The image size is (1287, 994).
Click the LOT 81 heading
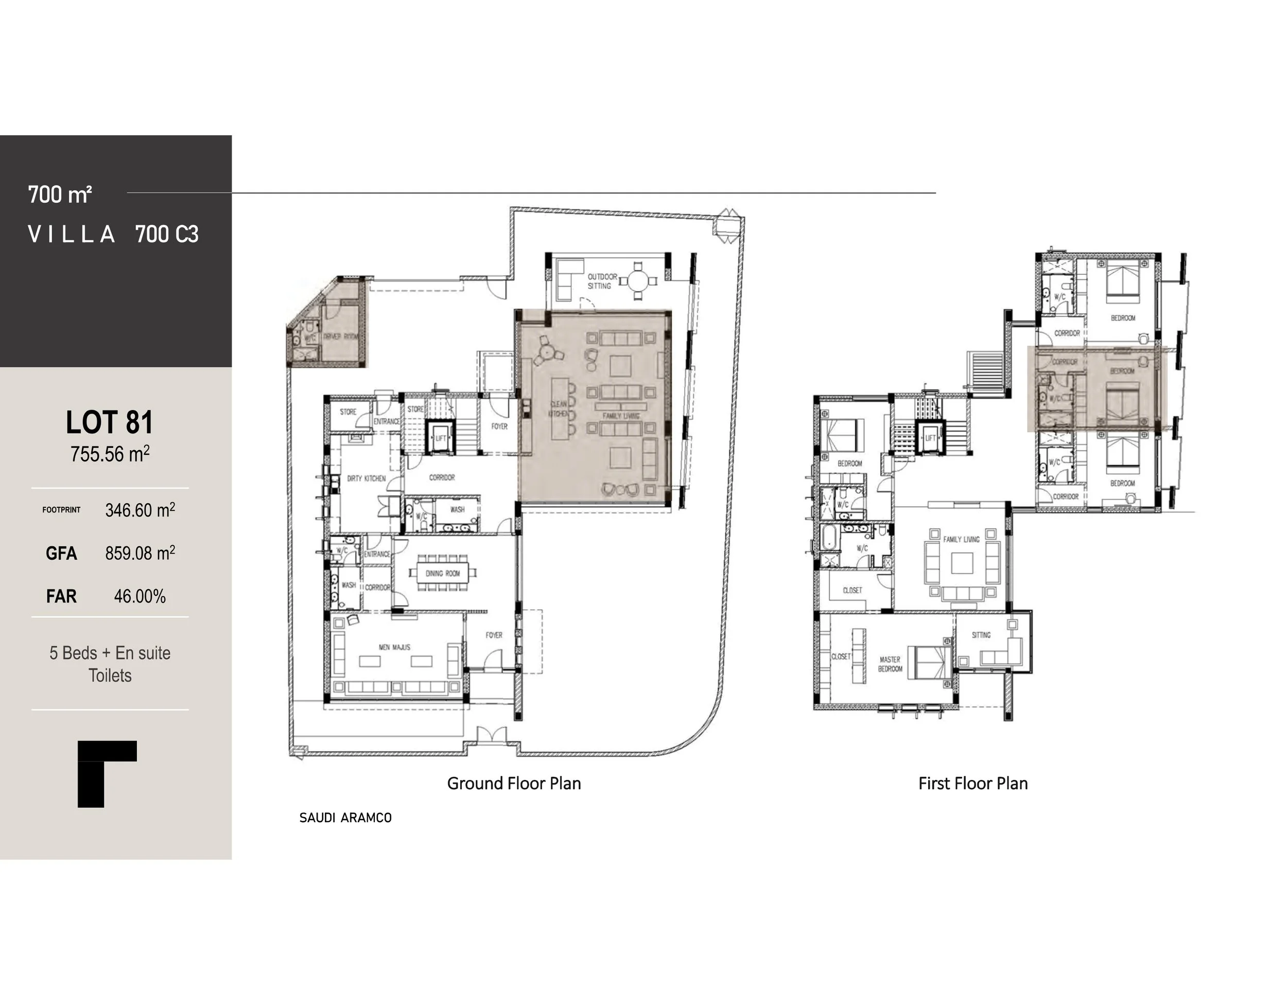(x=110, y=422)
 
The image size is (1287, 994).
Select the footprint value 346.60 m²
(x=140, y=510)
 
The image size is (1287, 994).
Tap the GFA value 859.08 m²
(x=140, y=553)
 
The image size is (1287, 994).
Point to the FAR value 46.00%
(x=140, y=596)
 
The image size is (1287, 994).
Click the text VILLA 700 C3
(x=113, y=235)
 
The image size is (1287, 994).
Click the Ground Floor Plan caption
(x=514, y=783)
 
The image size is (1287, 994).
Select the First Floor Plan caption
(x=973, y=783)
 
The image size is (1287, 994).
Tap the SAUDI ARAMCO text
(x=345, y=818)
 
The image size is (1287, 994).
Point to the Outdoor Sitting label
(x=602, y=281)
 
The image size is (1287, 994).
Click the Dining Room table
(x=443, y=573)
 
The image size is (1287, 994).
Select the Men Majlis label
(x=394, y=647)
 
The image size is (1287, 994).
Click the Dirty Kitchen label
(x=366, y=478)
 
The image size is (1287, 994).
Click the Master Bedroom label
(x=890, y=664)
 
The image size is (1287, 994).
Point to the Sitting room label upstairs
(x=981, y=635)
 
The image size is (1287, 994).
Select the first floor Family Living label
(x=961, y=539)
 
